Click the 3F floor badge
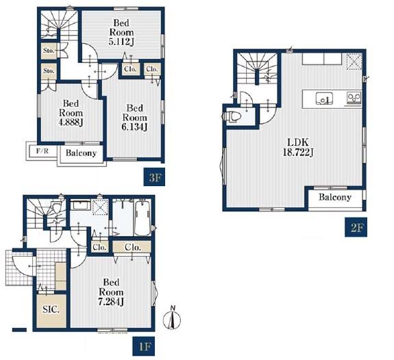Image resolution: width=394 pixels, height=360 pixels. (x=154, y=177)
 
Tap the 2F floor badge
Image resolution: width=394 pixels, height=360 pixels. (x=356, y=227)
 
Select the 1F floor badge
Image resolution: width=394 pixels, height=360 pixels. (x=144, y=346)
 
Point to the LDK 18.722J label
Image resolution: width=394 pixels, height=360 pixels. (x=298, y=147)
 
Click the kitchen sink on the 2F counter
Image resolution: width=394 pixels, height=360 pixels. (x=324, y=99)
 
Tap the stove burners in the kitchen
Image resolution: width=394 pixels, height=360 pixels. (x=354, y=97)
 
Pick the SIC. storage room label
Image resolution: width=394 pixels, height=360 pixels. (x=51, y=309)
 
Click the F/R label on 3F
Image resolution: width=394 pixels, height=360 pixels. (x=42, y=151)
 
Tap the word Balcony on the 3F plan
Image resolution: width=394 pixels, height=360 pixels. (x=81, y=153)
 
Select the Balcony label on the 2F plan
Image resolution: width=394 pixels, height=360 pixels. (x=335, y=197)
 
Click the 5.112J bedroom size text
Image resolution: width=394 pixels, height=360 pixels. (x=121, y=42)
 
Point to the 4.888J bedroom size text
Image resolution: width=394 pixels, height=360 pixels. (x=71, y=123)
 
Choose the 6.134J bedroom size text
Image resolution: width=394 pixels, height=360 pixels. (x=135, y=127)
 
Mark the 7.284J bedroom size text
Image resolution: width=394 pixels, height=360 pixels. (x=111, y=301)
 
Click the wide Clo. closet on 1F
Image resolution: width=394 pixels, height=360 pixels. (x=132, y=247)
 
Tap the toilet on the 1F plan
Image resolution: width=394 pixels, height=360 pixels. (x=57, y=207)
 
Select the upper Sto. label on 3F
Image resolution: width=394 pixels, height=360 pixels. (x=49, y=51)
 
